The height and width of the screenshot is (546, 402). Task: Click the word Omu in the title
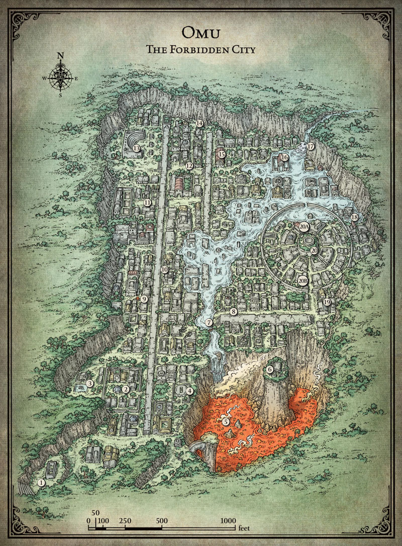[201, 33]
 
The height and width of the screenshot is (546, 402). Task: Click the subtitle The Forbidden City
[201, 50]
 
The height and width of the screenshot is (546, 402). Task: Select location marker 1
[42, 482]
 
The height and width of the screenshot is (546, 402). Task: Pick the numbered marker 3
[90, 384]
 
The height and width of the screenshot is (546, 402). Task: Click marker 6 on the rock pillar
[270, 370]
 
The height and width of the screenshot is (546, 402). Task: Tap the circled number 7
[209, 322]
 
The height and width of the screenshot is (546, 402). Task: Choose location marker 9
[144, 299]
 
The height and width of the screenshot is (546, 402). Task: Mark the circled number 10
[164, 269]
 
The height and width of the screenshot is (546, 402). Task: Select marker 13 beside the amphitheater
[137, 148]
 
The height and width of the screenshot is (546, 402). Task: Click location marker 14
[199, 123]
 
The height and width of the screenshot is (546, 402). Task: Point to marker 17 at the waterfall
[311, 147]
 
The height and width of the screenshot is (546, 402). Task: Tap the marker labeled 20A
[304, 227]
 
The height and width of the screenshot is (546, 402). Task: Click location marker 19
[327, 302]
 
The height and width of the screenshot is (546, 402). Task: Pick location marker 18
[355, 217]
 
